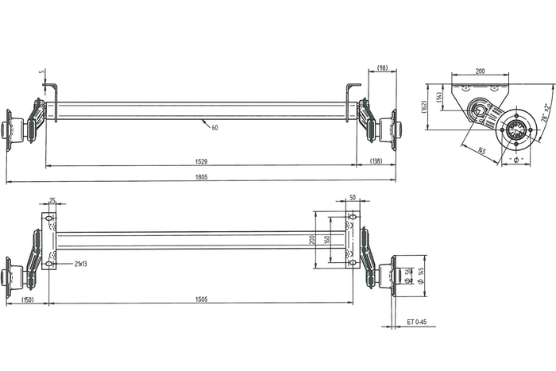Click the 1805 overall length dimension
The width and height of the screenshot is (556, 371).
click(201, 177)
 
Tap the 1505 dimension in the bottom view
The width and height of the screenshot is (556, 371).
click(201, 300)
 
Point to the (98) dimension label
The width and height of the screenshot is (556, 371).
click(382, 68)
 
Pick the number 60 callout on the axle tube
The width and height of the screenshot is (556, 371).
click(214, 127)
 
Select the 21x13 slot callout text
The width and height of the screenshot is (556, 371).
click(81, 262)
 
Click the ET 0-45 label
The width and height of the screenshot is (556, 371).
click(417, 322)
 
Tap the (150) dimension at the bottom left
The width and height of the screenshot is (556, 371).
click(28, 300)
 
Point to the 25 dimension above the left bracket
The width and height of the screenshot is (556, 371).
click(52, 200)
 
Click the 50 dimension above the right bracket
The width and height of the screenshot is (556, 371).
click(352, 198)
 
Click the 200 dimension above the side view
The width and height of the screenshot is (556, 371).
click(480, 71)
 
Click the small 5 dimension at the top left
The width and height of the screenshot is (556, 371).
click(43, 73)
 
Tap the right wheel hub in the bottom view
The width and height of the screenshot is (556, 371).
click(388, 276)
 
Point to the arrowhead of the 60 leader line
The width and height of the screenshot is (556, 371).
click(203, 121)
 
